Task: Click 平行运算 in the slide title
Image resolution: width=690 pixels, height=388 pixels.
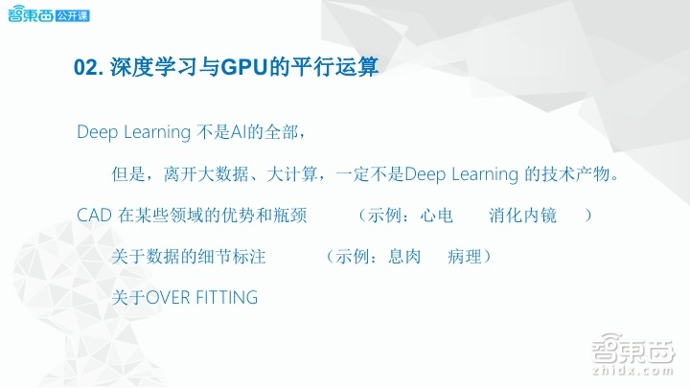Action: point(333,69)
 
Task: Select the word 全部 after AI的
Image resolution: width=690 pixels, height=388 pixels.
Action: point(287,131)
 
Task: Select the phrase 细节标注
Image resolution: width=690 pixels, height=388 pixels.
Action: point(231,258)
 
